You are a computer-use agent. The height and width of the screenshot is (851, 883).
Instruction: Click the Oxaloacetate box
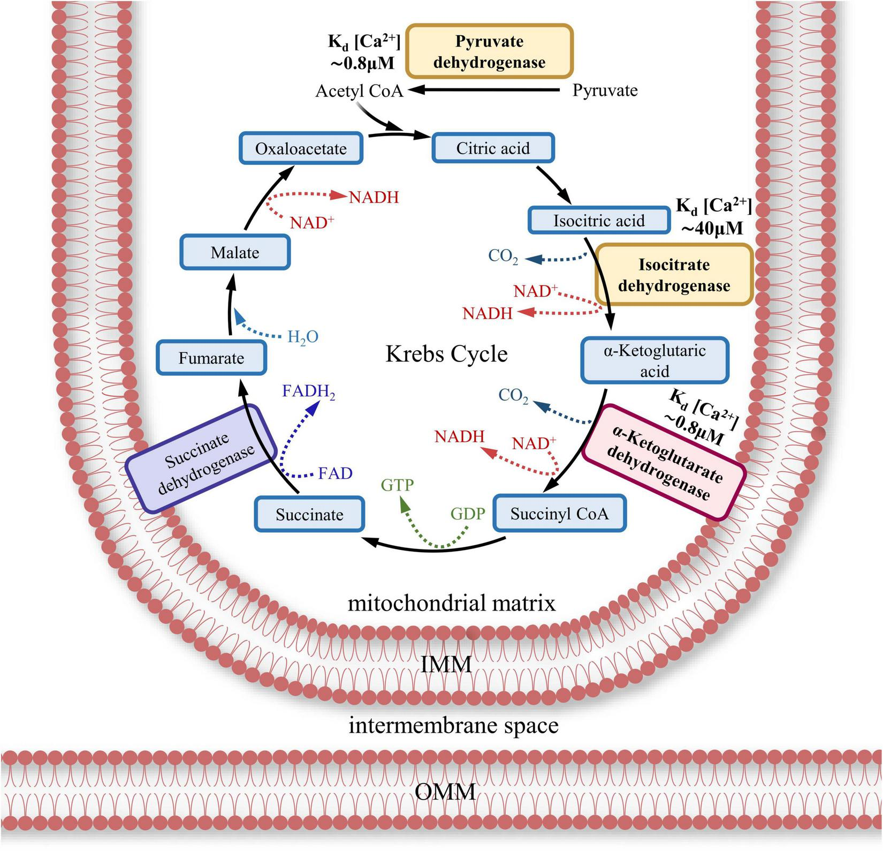pos(301,148)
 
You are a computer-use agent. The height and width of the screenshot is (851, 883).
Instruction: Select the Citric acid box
pos(492,148)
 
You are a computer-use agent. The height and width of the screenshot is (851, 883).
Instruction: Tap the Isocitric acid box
pos(599,220)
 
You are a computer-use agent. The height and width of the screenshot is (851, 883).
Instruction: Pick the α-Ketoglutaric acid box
pos(654,360)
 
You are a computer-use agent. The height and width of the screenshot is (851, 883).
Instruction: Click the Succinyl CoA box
pos(559,514)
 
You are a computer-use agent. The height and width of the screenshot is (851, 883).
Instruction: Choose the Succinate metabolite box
pos(309,515)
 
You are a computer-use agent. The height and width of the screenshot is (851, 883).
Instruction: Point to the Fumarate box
pos(211,358)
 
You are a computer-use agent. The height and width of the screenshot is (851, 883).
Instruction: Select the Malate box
pos(235,252)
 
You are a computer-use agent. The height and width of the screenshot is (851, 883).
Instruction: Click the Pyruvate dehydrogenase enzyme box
pos(489,51)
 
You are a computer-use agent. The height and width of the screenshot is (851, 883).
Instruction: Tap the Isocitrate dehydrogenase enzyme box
pos(674,275)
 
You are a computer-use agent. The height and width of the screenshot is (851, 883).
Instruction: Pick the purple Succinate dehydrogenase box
pos(201,459)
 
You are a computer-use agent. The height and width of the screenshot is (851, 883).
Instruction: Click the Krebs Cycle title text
pos(446,354)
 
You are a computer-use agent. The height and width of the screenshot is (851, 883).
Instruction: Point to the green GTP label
pos(397,485)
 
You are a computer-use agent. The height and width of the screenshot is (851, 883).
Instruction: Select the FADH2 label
pos(309,392)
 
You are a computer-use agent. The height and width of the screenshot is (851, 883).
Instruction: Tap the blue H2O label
pos(303,337)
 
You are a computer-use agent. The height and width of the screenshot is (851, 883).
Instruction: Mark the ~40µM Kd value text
pos(712,228)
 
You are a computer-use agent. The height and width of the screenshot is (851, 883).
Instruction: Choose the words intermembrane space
pos(453,726)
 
